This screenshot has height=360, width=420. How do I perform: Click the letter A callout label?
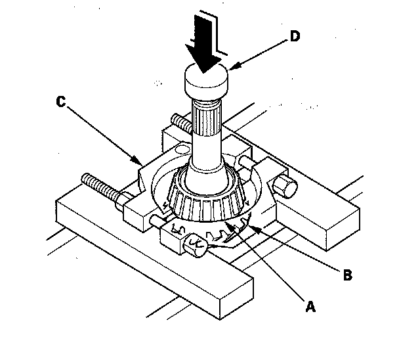click(310, 307)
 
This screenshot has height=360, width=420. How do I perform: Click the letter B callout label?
click(348, 275)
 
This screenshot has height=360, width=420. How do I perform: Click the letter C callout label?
click(61, 102)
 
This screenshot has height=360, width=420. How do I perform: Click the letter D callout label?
click(295, 36)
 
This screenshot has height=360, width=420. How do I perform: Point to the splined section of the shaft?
click(207, 118)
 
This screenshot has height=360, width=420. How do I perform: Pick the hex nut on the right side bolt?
click(285, 187)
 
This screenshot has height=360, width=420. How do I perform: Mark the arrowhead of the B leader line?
click(254, 229)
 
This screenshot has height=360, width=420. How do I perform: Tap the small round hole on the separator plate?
click(183, 148)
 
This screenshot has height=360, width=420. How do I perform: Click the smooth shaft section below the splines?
click(206, 153)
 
